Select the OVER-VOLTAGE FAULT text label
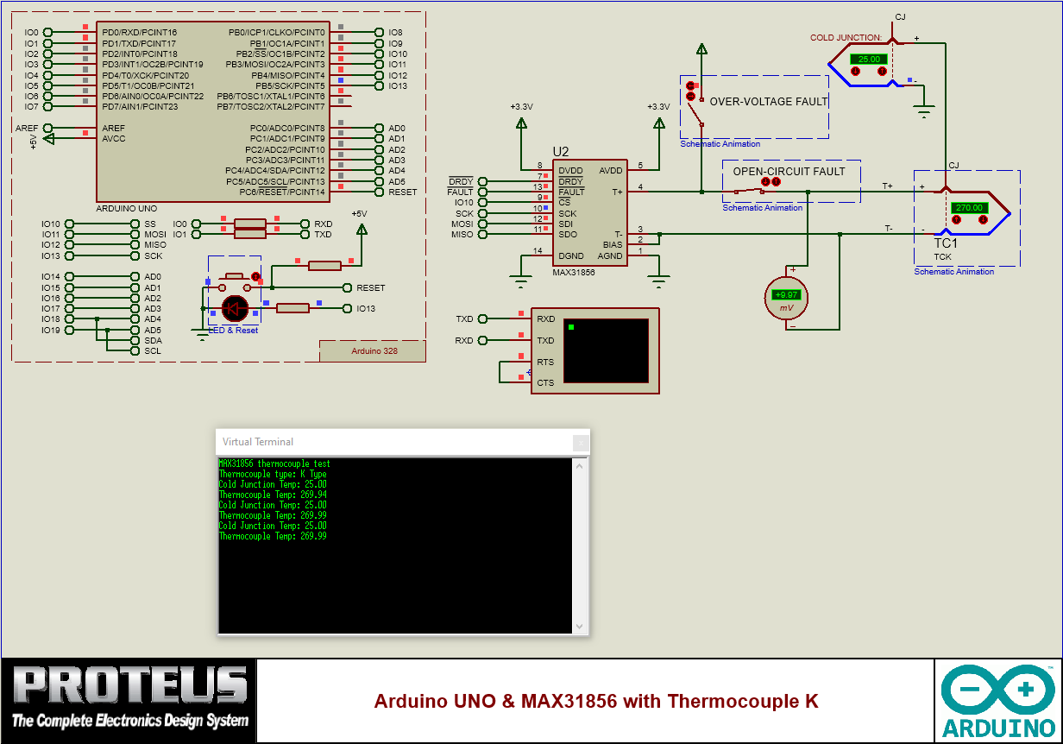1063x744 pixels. point(768,102)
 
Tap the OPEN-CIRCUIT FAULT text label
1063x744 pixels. point(789,172)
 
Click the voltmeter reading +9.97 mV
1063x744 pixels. point(786,295)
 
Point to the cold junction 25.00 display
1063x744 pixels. point(869,60)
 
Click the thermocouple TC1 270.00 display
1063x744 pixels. point(969,208)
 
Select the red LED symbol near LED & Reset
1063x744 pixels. point(235,308)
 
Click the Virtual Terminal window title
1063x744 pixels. point(257,442)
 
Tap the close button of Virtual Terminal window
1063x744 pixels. point(582,442)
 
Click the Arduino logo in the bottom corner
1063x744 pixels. point(997,700)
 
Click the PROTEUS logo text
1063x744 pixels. point(129,686)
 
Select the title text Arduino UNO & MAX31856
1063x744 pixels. point(595,701)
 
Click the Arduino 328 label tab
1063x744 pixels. point(373,351)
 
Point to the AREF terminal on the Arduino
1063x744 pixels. point(47,128)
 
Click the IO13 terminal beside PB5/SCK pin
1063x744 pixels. point(380,86)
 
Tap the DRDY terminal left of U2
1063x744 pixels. point(482,181)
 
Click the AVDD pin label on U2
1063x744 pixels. point(610,171)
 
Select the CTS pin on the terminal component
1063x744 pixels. point(544,382)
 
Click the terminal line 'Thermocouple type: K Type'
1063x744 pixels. point(273,474)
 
